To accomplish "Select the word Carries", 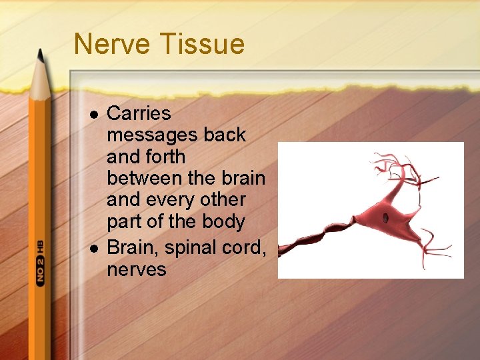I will click(x=139, y=113).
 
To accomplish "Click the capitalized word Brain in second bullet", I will click(x=133, y=247).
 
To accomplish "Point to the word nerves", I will click(x=136, y=269).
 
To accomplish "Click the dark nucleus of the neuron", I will click(x=385, y=218).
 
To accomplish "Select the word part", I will click(x=123, y=222).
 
